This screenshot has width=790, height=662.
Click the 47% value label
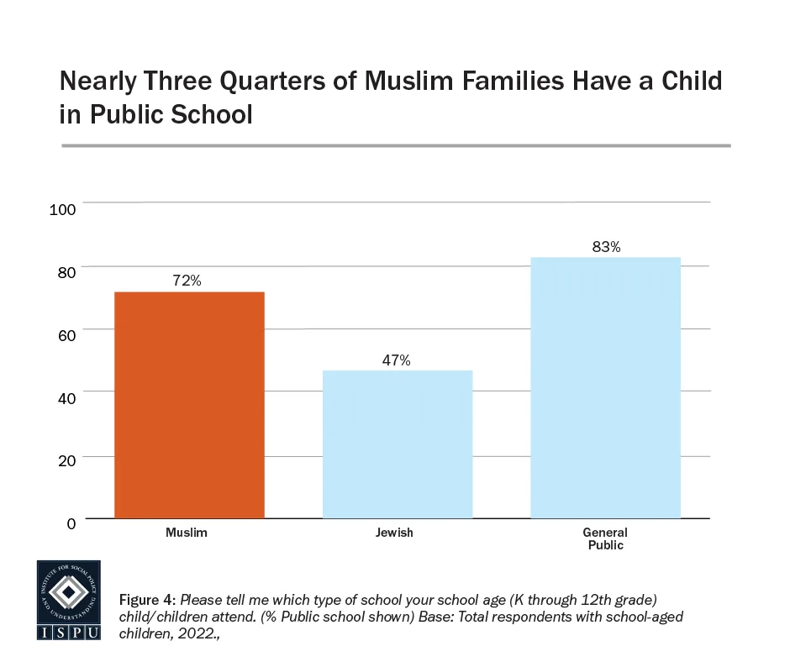click(396, 360)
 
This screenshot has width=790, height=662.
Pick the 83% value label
click(605, 247)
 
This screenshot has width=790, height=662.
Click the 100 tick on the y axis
click(64, 208)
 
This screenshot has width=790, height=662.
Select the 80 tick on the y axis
click(67, 271)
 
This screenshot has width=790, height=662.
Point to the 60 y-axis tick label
click(67, 334)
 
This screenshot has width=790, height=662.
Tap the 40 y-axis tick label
click(67, 397)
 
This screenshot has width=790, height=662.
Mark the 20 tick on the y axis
click(67, 460)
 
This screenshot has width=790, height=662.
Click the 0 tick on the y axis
click(71, 523)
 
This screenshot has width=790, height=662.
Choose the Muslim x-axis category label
click(187, 533)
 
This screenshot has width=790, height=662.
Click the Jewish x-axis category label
click(395, 533)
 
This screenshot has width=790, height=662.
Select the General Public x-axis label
click(605, 539)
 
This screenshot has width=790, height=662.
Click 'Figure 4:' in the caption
click(147, 601)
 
